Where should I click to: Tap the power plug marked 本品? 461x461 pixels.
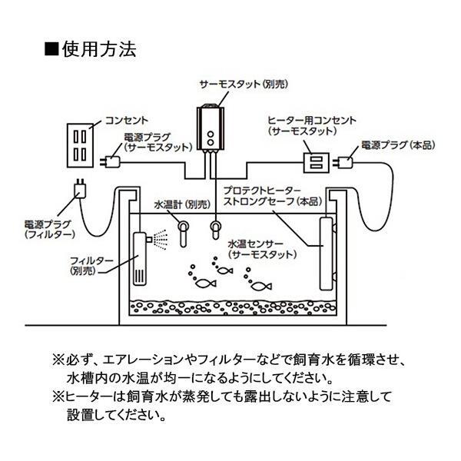(x=343, y=162)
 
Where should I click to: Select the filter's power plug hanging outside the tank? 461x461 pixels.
(x=78, y=188)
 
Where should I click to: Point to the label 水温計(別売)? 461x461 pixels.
(x=182, y=205)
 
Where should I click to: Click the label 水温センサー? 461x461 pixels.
(x=256, y=242)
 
